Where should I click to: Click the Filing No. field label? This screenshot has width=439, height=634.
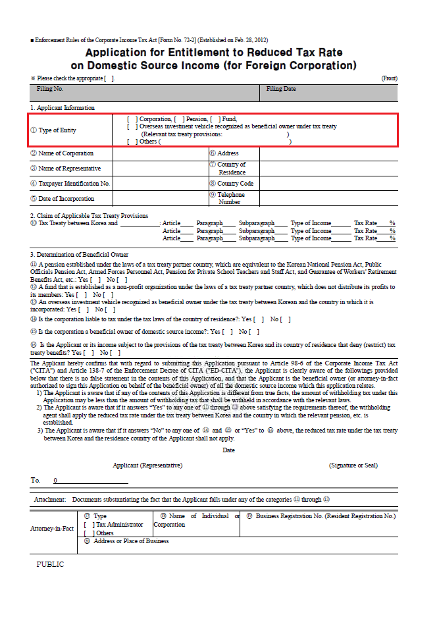[x=50, y=89]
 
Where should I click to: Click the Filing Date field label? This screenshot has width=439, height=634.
[x=281, y=89]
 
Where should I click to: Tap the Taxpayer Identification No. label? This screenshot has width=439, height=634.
[x=70, y=184]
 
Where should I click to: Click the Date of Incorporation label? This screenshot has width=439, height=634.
[x=66, y=198]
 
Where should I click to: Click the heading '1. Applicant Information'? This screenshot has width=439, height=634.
[x=62, y=107]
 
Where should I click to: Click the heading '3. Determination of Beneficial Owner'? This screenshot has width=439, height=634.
[x=79, y=255]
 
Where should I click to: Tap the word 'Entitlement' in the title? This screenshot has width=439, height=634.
[x=202, y=53]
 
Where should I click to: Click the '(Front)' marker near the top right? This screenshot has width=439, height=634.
[x=389, y=78]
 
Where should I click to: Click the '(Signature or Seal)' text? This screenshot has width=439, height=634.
[x=353, y=465]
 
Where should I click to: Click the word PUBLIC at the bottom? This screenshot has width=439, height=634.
[x=50, y=564]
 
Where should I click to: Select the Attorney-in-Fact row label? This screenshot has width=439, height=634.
[x=52, y=529]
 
